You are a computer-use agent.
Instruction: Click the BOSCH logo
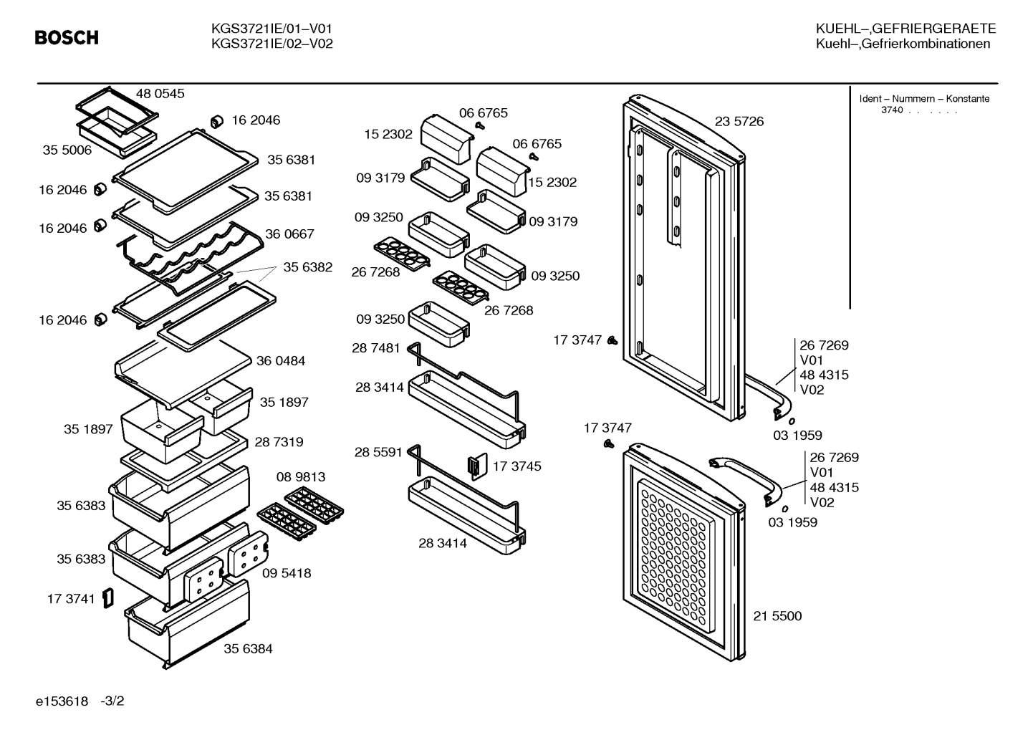pyautogui.click(x=67, y=37)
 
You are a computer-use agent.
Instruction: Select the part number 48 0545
pyautogui.click(x=160, y=94)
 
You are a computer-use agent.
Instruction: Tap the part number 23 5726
pyautogui.click(x=739, y=121)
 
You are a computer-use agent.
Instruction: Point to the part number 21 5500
pyautogui.click(x=777, y=615)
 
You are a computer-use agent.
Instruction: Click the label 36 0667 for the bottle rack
pyautogui.click(x=289, y=234)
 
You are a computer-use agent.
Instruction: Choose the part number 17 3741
pyautogui.click(x=71, y=599)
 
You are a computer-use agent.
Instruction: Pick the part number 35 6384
pyautogui.click(x=248, y=648)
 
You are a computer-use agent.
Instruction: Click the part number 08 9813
pyautogui.click(x=301, y=476)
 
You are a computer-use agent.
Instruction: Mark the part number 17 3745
pyautogui.click(x=517, y=466)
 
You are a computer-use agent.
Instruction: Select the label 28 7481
pyautogui.click(x=376, y=347)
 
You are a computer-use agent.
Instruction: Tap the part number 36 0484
pyautogui.click(x=281, y=360)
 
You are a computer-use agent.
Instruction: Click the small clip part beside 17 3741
pyautogui.click(x=108, y=597)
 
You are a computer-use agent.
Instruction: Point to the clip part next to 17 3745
pyautogui.click(x=478, y=466)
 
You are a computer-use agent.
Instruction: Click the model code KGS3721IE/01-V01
pyautogui.click(x=272, y=29)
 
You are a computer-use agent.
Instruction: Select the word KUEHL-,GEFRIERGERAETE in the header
pyautogui.click(x=906, y=29)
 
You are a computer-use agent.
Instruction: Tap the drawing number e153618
pyautogui.click(x=62, y=701)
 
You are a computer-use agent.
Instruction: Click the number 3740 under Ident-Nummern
pyautogui.click(x=892, y=110)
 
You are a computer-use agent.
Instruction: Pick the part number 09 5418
pyautogui.click(x=287, y=573)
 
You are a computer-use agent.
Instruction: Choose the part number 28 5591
pyautogui.click(x=379, y=452)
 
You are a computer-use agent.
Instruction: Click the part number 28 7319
pyautogui.click(x=279, y=442)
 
